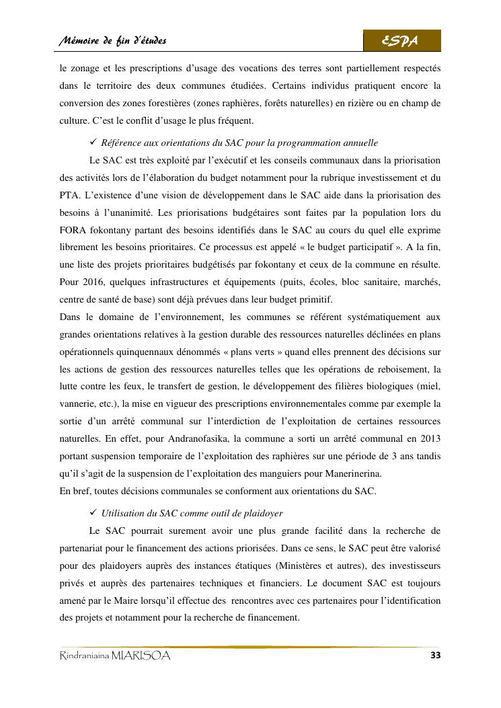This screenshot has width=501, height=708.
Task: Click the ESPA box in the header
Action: tap(401, 41)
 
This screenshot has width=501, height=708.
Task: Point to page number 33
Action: tap(434, 656)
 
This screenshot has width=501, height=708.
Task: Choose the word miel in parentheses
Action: tap(428, 387)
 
